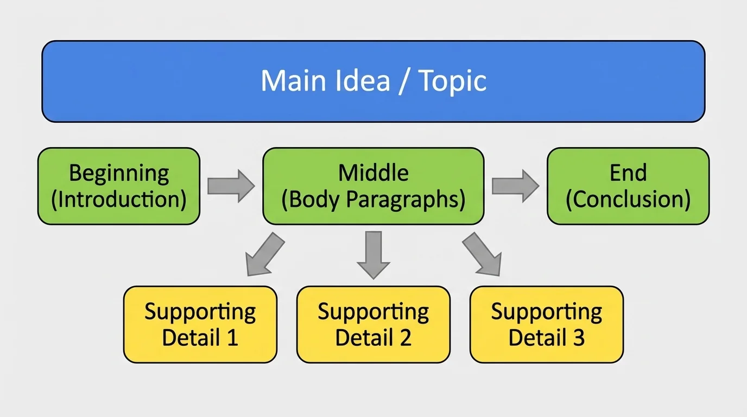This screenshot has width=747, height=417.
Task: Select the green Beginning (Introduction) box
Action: point(118,186)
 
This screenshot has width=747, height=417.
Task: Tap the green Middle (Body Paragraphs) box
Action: point(373,186)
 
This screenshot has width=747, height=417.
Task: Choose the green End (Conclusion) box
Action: point(628,186)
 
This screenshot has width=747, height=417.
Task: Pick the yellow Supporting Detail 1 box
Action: point(200,324)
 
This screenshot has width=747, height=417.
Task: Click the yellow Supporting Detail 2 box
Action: point(373,324)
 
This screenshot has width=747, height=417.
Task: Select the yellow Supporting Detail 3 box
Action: point(546,324)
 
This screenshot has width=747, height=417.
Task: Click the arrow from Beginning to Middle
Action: point(231,186)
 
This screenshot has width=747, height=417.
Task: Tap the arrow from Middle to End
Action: point(515,186)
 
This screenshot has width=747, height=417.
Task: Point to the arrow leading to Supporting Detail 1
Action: point(264,254)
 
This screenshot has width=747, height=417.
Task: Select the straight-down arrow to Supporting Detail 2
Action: point(373,255)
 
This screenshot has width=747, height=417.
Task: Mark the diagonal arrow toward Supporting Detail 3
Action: point(482,254)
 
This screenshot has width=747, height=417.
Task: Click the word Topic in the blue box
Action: point(453,81)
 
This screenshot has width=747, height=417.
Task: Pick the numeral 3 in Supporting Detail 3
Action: point(578,338)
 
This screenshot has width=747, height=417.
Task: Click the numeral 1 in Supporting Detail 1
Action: point(232,338)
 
